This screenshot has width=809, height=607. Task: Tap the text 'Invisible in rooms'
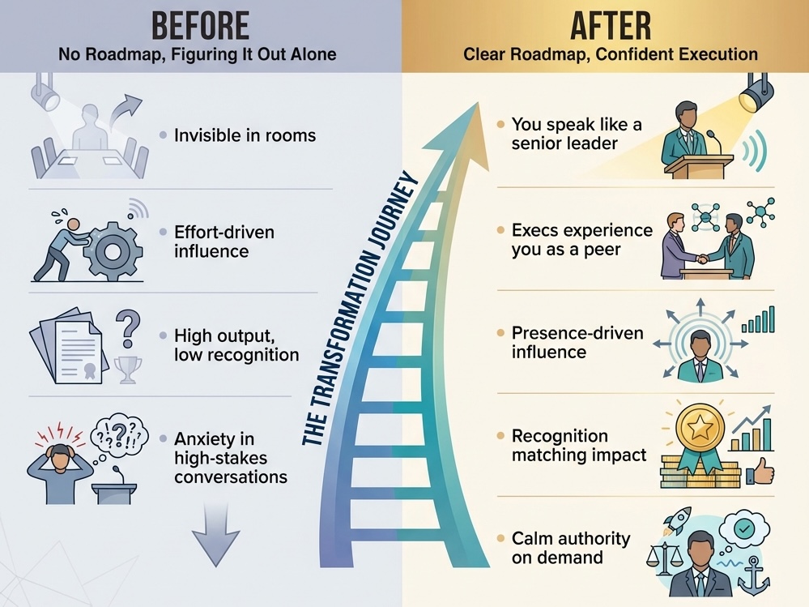coord(245,135)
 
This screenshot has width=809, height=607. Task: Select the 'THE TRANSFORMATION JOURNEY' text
coord(360,309)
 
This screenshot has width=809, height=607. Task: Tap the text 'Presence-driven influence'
coord(577,343)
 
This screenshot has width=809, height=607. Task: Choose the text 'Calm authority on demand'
coord(570,548)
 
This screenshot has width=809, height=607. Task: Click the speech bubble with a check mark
coord(743,528)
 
